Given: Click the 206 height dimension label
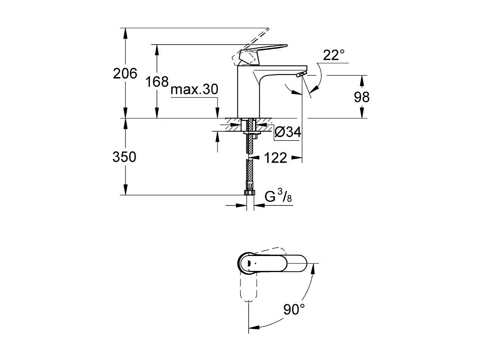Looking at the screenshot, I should [125, 73].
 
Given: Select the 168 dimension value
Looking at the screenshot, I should [157, 82].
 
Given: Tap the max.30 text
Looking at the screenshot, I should [194, 90].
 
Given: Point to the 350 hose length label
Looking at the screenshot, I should [124, 157].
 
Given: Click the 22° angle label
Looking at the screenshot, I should [334, 56].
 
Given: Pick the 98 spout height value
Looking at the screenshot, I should [362, 97].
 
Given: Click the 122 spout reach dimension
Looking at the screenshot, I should [275, 158].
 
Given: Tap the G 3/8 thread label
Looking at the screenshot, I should [278, 197].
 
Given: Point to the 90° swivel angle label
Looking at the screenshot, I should [294, 310].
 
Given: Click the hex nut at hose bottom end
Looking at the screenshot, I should [250, 193].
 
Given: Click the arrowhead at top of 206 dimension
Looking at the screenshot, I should [125, 32].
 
